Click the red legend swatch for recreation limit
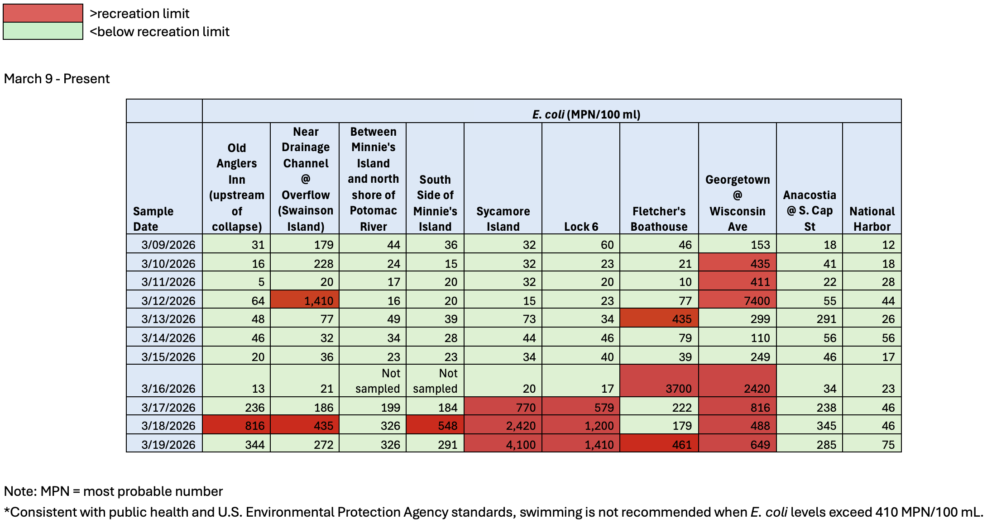click(x=43, y=13)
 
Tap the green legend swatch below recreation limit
click(x=43, y=31)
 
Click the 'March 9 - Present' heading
click(x=57, y=79)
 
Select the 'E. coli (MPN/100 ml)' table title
click(x=586, y=114)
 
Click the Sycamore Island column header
click(x=503, y=219)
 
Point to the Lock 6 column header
click(x=581, y=226)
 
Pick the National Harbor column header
click(x=872, y=219)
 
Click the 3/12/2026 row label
click(x=168, y=300)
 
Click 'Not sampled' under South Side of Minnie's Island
click(x=435, y=381)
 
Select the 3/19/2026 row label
click(x=168, y=444)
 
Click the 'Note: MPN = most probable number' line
click(x=113, y=491)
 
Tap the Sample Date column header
click(x=153, y=219)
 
